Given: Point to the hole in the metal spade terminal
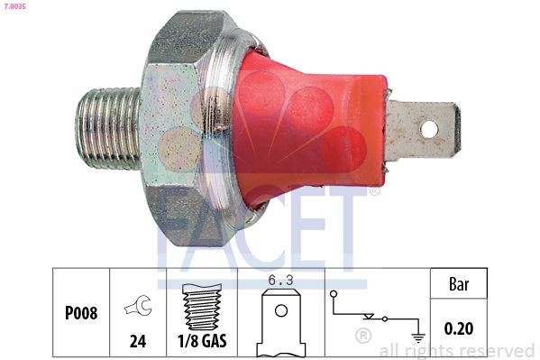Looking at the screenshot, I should [x=430, y=127].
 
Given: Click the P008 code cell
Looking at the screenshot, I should [x=81, y=314].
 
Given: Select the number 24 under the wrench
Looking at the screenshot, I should [x=138, y=342].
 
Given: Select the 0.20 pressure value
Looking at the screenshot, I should [x=460, y=329].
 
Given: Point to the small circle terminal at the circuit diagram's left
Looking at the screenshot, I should [x=334, y=294].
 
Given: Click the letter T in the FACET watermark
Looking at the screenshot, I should [x=347, y=226].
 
